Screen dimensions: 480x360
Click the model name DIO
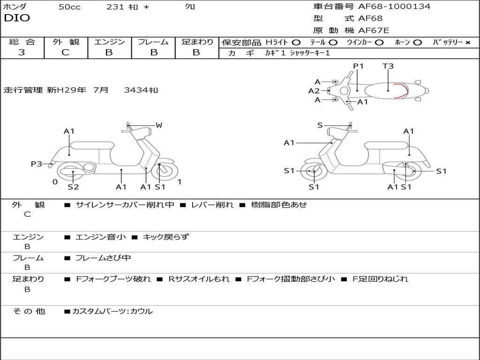[17, 18]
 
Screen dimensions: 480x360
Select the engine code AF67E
[374, 30]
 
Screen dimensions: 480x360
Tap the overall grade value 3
[22, 52]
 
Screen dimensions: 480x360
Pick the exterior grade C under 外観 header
[65, 52]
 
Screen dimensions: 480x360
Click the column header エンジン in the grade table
[109, 42]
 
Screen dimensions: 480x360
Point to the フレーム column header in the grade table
[153, 42]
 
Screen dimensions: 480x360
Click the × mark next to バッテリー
[468, 43]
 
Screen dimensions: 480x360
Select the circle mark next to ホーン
[418, 43]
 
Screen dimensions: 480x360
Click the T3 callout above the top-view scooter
[388, 66]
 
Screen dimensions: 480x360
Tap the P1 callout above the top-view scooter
[358, 66]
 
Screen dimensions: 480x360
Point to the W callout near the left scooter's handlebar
[159, 125]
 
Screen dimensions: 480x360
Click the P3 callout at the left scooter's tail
[37, 164]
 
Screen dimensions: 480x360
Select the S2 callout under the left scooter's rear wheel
[73, 187]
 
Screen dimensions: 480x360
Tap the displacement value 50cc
[69, 7]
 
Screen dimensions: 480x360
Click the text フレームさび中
[103, 258]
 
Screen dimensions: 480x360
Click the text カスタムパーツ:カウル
[112, 311]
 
